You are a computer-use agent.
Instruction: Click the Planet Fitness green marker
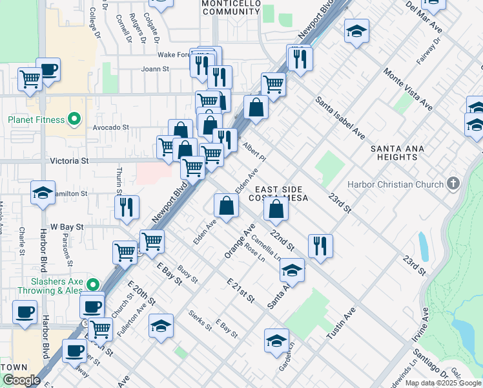(x=74, y=119)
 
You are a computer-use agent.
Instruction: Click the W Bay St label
(x=67, y=227)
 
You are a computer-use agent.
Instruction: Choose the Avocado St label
(x=111, y=127)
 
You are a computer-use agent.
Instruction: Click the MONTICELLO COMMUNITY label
(x=231, y=7)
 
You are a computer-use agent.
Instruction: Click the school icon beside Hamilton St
(x=43, y=193)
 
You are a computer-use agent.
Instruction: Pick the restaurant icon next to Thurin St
(x=127, y=207)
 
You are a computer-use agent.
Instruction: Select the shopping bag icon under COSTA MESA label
(x=276, y=210)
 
